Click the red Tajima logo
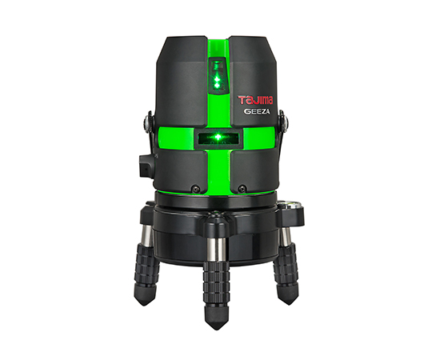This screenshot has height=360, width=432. point(256,100)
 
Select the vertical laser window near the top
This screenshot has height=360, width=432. point(218,74)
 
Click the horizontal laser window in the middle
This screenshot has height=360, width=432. point(218,137)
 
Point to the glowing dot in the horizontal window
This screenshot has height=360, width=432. point(218,137)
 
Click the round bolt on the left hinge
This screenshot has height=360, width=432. point(146,121)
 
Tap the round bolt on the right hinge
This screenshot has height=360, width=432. point(285,120)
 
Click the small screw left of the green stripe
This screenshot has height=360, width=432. point(195,189)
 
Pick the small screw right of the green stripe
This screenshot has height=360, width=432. point(242,189)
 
